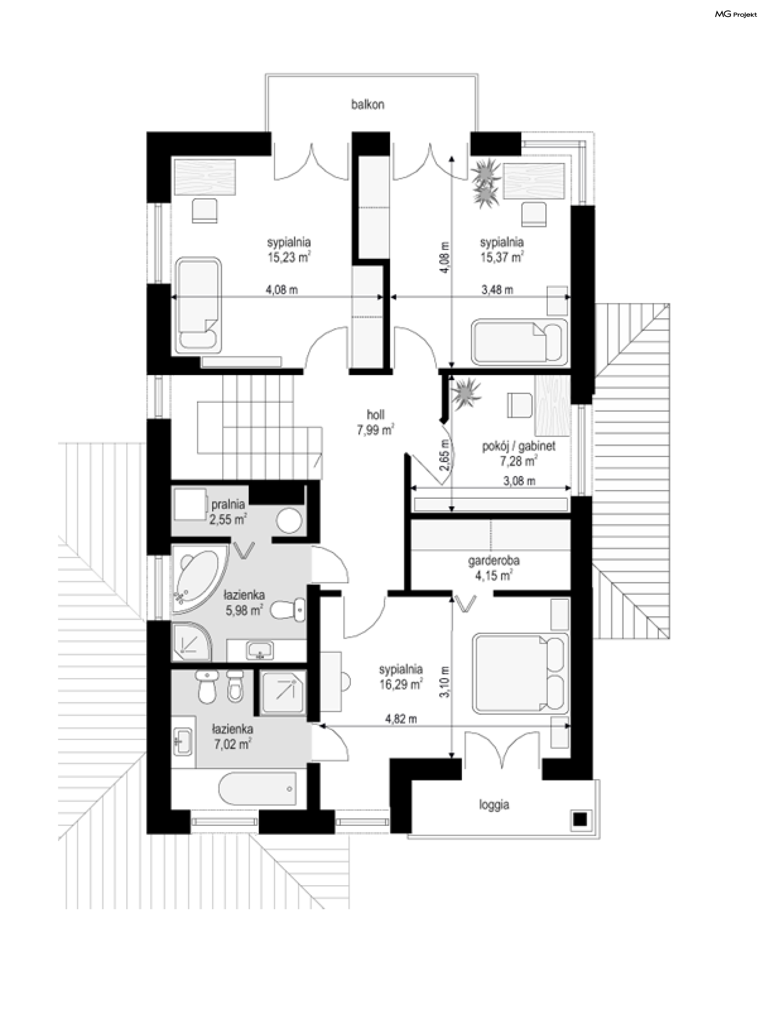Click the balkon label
point(368,105)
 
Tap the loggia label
point(494,805)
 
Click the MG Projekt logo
point(736,15)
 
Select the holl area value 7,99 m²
point(375,430)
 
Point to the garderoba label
point(494,561)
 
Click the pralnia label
point(228,504)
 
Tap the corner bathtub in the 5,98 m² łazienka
point(199,578)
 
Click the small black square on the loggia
point(580,819)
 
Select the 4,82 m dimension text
point(401,719)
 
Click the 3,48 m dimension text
point(497,290)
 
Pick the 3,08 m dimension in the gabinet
point(519,481)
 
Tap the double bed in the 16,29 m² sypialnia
point(521,674)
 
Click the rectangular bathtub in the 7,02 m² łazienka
point(257,789)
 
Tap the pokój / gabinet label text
point(519,446)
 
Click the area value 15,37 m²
point(501,257)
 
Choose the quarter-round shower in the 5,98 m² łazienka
point(192,642)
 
